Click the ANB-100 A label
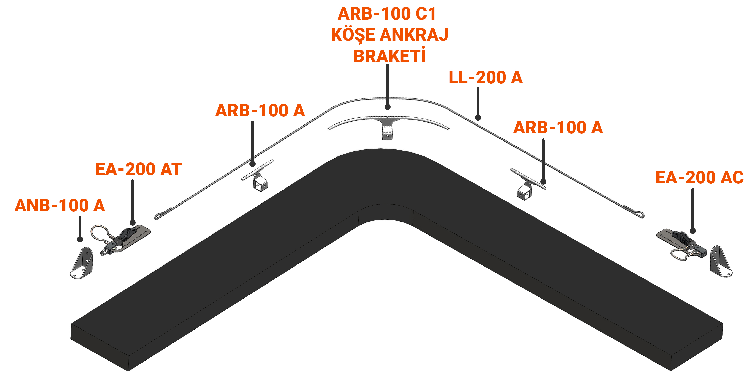tap(60, 205)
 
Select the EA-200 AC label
tap(699, 178)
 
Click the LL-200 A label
tap(485, 77)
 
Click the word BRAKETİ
tap(389, 56)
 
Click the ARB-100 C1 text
tap(387, 13)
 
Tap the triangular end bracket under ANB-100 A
tap(83, 263)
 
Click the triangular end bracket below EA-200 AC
tap(720, 262)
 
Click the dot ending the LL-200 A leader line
tap(478, 118)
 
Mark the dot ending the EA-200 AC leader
tap(693, 231)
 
